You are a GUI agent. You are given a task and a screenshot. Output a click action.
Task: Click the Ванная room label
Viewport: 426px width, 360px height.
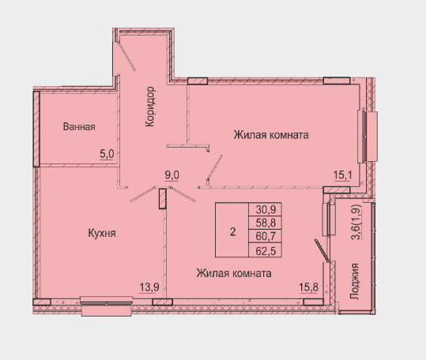pos(79,126)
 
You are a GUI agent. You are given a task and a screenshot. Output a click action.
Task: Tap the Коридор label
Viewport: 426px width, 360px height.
pos(150,107)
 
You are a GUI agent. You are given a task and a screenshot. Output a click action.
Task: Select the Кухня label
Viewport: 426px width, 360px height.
pos(102,234)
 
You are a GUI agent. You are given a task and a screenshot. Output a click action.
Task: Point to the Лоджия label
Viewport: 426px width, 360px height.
pos(354,281)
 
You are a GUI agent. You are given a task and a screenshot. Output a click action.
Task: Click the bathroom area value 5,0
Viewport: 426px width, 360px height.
pos(107,155)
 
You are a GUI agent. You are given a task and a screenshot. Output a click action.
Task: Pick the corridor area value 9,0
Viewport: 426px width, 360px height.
pos(172,175)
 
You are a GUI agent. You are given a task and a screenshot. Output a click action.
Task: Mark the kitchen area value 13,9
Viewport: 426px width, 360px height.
pos(149,287)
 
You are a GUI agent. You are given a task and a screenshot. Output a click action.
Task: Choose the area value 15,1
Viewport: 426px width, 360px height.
pos(342,175)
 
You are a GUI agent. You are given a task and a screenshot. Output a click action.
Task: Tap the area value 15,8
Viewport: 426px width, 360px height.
pos(308,287)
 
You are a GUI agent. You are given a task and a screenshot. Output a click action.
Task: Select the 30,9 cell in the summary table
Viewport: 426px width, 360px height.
pos(266,209)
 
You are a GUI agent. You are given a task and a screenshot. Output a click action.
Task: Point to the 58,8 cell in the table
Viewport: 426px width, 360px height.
pos(266,223)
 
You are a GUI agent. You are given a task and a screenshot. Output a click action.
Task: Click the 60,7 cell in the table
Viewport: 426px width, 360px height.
pos(266,236)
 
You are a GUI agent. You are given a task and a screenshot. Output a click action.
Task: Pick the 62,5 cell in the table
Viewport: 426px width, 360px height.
pos(266,251)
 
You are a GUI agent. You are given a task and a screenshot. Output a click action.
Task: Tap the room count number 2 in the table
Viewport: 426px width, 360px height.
pos(232,232)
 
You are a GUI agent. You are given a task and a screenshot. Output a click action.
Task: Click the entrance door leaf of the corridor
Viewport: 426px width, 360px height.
pos(127,56)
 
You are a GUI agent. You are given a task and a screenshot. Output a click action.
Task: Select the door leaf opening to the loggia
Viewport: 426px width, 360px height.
pos(322,250)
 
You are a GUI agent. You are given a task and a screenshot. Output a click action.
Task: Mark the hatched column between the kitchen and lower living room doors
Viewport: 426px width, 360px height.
pos(163,199)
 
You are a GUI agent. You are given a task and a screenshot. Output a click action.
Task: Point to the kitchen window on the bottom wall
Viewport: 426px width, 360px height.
pos(107,306)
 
